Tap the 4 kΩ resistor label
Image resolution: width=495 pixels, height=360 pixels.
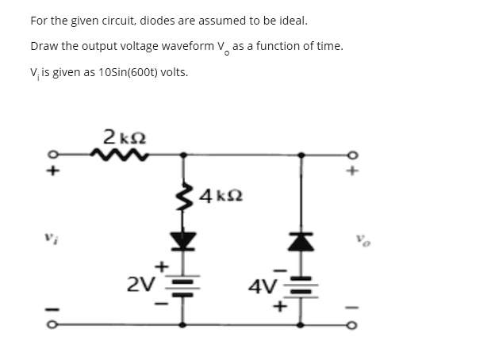point(220,194)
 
